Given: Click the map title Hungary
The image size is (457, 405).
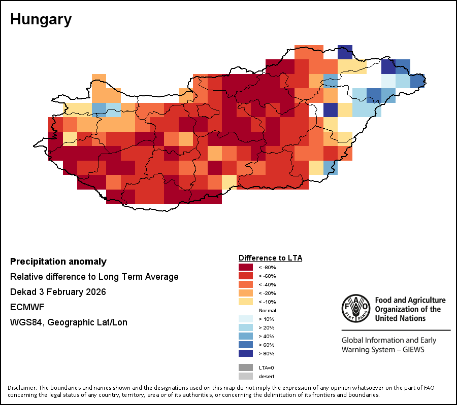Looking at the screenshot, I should point(41,20).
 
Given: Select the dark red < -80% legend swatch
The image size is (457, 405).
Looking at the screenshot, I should point(245,267).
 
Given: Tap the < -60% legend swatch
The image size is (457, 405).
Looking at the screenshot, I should point(245,276).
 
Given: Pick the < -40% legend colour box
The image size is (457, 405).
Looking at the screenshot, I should point(245,284).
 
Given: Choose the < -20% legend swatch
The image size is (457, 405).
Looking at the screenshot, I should point(245,293).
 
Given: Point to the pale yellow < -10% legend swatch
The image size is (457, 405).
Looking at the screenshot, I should point(245,302).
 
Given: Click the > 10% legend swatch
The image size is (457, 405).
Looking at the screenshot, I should point(245,319).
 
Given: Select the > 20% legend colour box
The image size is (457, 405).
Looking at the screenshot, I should point(245,327).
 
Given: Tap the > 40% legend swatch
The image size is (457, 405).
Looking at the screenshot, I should point(245,336).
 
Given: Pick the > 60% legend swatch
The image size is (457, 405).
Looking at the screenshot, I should point(245,345).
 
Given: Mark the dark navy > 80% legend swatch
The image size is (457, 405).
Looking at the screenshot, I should point(245,353).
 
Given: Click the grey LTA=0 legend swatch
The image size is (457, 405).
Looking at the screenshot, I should point(245,367).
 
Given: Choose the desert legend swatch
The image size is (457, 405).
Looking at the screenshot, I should point(245,376).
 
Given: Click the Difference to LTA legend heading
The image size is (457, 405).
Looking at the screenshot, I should point(270,258).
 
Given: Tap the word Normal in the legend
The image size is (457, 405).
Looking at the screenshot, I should point(267,310).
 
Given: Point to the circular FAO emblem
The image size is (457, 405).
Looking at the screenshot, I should point(356,308).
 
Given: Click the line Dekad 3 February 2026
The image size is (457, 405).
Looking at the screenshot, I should point(57,292).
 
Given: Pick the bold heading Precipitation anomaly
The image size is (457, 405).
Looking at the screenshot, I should point(58,262).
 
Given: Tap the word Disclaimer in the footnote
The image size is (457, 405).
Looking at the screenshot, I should point(22,388).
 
